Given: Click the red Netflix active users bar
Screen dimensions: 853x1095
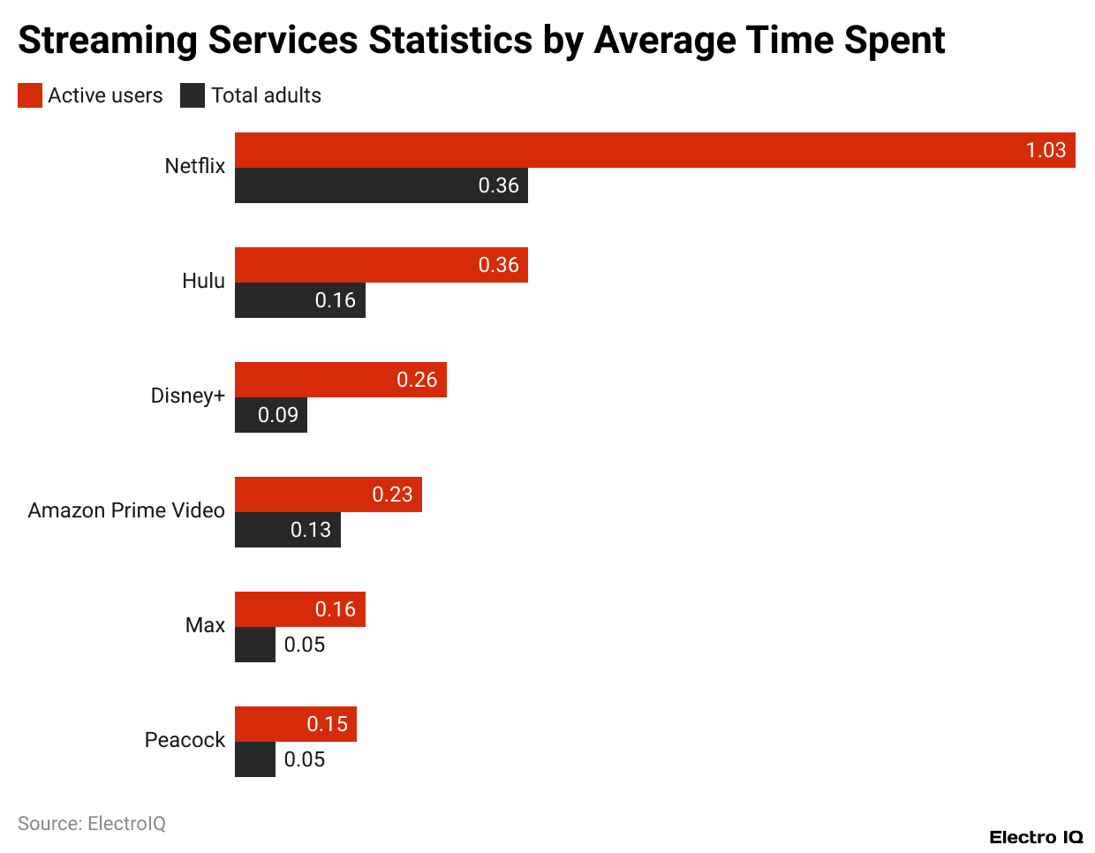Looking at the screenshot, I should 653,150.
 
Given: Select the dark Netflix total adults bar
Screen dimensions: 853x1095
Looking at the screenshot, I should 380,185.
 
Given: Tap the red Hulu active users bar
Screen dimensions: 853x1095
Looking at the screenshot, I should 380,265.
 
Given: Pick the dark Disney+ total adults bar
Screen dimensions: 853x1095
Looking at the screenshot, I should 270,415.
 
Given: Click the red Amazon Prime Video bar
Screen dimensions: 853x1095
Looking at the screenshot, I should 328,494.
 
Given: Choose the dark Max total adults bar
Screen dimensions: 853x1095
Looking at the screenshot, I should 255,645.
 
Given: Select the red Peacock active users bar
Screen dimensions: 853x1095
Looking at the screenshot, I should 295,724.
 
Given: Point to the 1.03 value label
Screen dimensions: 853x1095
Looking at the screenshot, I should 1046,150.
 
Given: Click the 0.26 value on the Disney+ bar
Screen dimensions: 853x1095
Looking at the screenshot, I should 417,380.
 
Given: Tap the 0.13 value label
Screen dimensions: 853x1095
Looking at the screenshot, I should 311,530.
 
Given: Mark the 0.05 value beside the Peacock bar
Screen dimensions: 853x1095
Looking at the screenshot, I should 305,759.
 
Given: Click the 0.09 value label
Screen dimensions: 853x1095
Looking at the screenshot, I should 278,415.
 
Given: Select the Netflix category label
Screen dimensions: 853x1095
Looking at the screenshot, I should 195,166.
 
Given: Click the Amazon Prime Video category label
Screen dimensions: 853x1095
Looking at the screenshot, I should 126,510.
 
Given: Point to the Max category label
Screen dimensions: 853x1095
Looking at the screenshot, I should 205,625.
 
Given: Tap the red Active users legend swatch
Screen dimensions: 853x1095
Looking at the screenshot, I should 30,95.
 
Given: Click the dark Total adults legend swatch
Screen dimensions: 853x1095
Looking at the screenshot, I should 193,95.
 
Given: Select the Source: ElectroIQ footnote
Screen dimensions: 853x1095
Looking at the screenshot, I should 92,824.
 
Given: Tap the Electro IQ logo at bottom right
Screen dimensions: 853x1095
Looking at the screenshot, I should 1036,837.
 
